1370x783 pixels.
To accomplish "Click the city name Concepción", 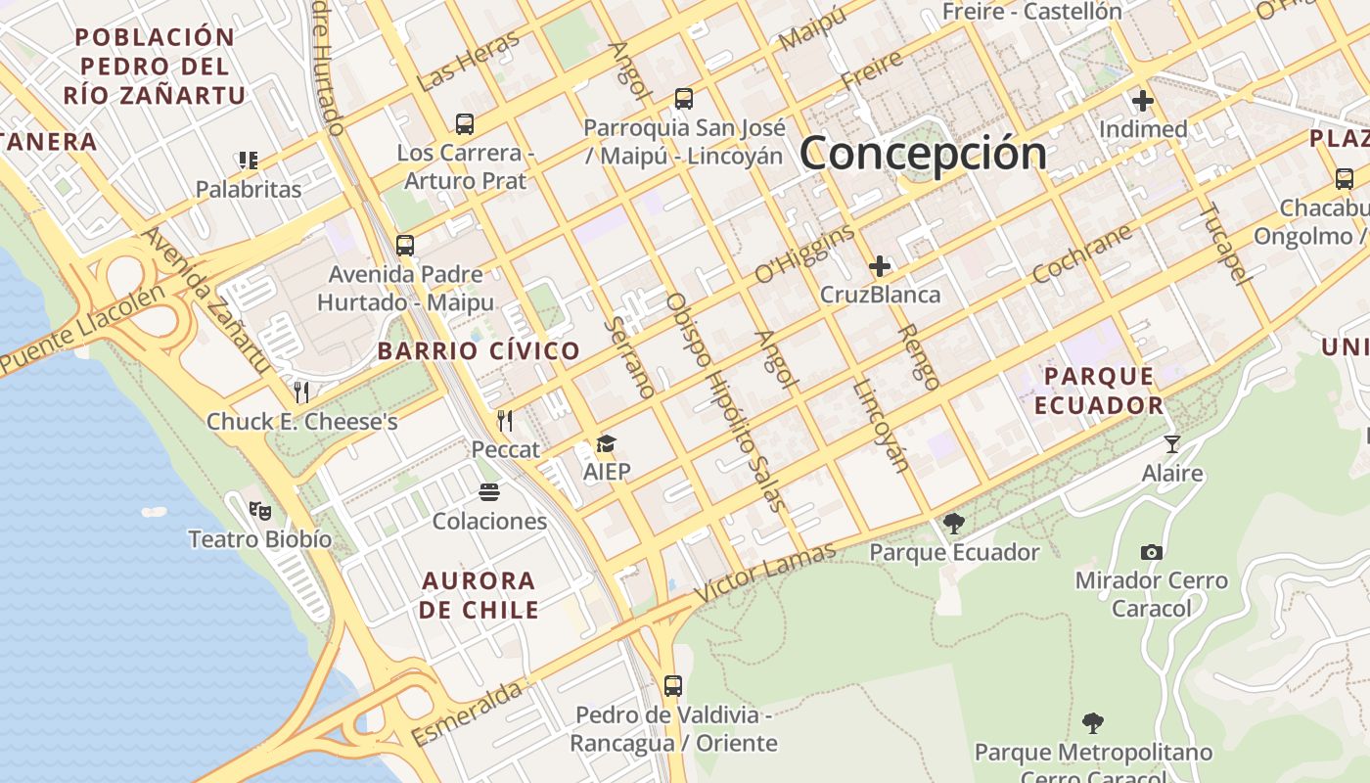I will pos(924,154).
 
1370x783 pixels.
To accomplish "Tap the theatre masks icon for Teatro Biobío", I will pos(259,510).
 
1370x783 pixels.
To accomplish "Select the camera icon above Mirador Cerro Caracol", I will pos(1152,552).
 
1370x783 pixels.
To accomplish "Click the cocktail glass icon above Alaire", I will pos(1172,444).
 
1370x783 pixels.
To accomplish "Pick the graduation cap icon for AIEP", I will pos(607,444).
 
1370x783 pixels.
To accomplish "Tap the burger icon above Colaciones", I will pos(489,491).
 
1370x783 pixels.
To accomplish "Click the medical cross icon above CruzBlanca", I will pos(880,265).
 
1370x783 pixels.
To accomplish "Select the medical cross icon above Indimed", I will pos(1143,101).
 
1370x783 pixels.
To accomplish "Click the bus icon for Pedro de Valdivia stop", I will pos(673,685).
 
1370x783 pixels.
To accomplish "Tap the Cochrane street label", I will pos(1082,253).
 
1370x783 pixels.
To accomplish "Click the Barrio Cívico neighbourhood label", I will pos(479,351).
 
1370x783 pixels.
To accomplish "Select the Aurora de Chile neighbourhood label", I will pos(479,595).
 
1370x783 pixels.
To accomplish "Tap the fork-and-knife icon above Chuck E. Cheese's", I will pos(301,392).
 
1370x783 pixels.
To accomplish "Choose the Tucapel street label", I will pos(1225,243).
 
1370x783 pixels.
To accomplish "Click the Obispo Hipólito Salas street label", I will pos(725,401).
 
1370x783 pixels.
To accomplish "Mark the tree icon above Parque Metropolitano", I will pos(1093,723).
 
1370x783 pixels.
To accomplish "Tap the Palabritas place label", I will pos(249,189).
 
